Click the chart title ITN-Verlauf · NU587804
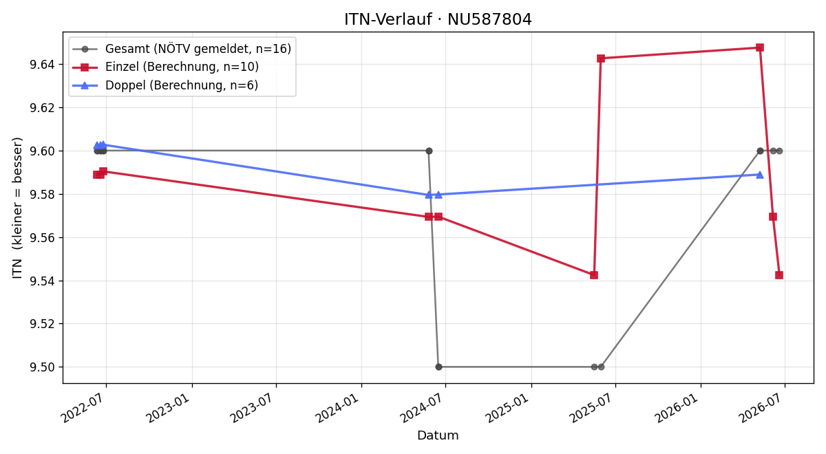438,19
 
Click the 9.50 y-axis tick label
42,367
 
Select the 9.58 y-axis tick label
42,194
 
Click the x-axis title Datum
438,435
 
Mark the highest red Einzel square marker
760,47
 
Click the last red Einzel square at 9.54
779,275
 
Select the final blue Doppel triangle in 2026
760,175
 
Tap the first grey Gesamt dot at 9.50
438,367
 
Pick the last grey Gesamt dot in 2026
779,151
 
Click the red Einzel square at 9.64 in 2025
601,58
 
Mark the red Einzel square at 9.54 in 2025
593,275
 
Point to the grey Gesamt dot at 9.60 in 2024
429,151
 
